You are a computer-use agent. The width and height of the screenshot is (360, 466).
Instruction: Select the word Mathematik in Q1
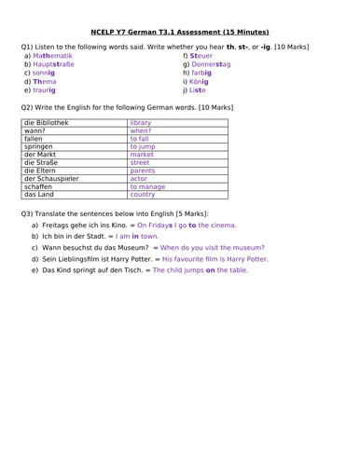click(52, 55)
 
